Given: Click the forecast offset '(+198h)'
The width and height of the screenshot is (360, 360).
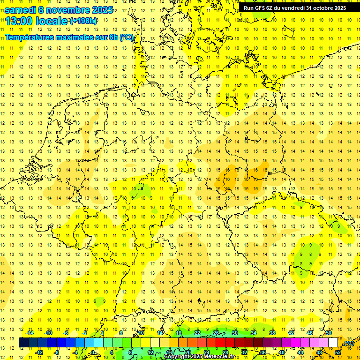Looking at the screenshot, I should pyautogui.click(x=84, y=21).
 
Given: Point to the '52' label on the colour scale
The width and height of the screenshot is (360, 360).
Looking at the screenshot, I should pyautogui.click(x=338, y=352).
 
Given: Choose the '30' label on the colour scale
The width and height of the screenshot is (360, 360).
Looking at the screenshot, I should pyautogui.click(x=235, y=333).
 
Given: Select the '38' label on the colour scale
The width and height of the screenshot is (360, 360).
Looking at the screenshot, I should pyautogui.click(x=272, y=333).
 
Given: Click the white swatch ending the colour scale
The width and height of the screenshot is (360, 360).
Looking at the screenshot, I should pyautogui.click(x=333, y=343).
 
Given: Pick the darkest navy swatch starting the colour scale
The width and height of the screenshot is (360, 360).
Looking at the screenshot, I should pyautogui.click(x=23, y=343).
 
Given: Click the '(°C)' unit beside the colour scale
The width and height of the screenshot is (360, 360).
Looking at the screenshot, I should pyautogui.click(x=349, y=344).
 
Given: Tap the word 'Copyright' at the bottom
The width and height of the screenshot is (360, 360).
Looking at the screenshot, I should pyautogui.click(x=176, y=357).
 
